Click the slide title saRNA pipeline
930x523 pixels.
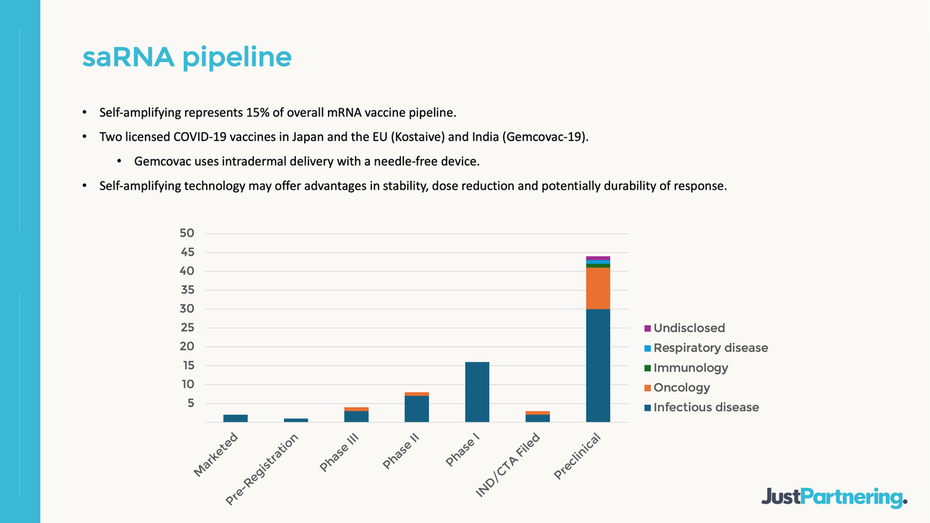(x=187, y=57)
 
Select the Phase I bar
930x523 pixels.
(x=477, y=392)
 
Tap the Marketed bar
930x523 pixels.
(x=235, y=418)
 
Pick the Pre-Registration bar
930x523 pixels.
(x=296, y=420)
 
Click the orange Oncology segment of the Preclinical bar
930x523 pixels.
(x=598, y=288)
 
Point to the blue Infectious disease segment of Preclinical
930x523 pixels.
(x=598, y=366)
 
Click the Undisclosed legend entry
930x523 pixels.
(x=689, y=328)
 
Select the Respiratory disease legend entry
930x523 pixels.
(x=710, y=348)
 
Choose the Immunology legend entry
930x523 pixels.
(x=690, y=368)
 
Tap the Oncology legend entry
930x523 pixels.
(x=681, y=388)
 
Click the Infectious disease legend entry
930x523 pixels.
(x=705, y=407)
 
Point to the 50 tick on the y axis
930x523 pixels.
(x=187, y=233)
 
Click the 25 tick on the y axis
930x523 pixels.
(x=187, y=327)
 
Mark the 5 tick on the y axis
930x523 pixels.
(x=190, y=403)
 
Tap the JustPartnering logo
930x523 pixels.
(x=834, y=497)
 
